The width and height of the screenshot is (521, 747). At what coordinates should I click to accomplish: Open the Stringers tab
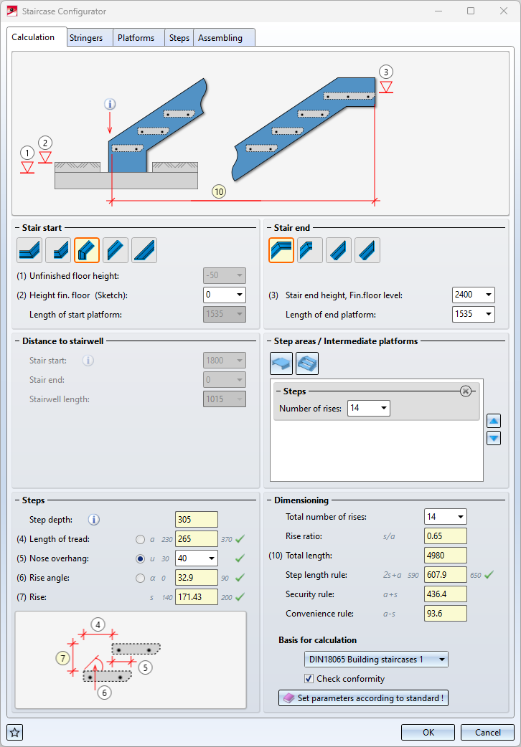point(86,38)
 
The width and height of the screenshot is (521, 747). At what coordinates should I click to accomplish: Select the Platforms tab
point(136,38)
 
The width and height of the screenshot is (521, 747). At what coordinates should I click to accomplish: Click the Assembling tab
point(220,38)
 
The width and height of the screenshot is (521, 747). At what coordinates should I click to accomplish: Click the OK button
point(428,732)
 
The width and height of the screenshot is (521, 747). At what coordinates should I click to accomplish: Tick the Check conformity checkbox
point(309,679)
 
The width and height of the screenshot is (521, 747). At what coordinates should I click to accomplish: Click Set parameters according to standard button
point(363,698)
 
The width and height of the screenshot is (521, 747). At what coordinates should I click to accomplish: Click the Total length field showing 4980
point(445,556)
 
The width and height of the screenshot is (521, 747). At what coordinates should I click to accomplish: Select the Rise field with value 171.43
point(196,596)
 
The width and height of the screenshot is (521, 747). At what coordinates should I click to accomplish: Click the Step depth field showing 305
point(196,520)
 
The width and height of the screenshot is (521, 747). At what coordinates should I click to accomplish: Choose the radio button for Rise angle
point(140,578)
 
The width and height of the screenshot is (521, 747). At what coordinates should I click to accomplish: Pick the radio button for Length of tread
point(140,539)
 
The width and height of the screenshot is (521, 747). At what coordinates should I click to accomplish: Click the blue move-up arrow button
point(493,421)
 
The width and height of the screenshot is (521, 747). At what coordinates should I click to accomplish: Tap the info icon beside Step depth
point(94,520)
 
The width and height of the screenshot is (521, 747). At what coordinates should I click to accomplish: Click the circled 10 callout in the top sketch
point(219,191)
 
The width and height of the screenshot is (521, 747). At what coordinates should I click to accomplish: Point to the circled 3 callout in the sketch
point(386,72)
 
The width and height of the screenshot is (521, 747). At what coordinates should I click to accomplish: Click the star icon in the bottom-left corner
point(15,732)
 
